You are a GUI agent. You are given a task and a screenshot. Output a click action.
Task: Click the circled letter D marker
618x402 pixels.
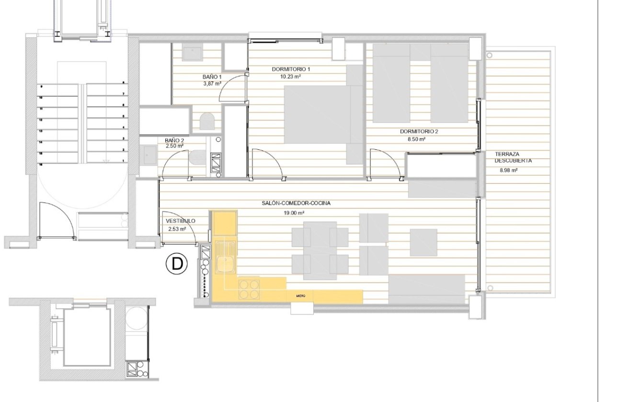tap(177, 264)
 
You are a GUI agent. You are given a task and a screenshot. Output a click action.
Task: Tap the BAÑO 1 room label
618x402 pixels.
tap(212, 77)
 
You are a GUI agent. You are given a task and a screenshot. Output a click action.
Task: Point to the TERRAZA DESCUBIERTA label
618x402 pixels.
tap(513, 157)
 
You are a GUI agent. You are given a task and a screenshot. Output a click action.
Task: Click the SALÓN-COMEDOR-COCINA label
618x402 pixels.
tap(296, 203)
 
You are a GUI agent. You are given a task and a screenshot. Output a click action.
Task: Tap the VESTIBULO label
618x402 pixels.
tap(181, 221)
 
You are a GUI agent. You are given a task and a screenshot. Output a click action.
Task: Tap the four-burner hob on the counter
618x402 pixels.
tap(249, 289)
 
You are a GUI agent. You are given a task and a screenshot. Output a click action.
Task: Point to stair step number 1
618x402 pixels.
tap(124, 161)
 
